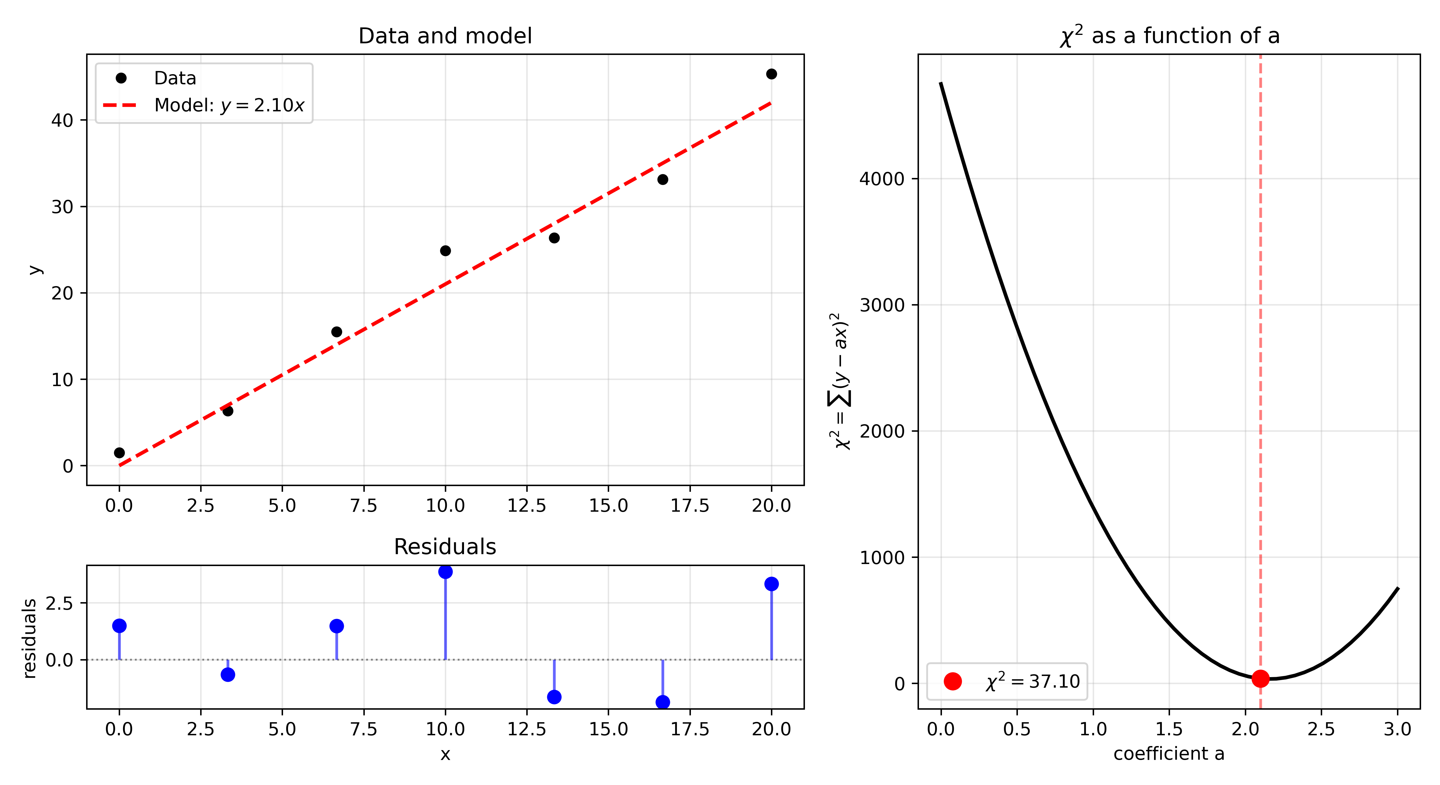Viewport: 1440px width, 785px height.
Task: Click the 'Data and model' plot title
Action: (445, 36)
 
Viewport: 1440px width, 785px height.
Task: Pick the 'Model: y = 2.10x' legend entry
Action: (229, 105)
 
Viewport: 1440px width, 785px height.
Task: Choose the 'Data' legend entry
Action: (175, 78)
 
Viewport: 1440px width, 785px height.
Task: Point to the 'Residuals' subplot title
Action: (445, 546)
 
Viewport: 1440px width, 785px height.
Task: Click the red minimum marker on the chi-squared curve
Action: (1260, 678)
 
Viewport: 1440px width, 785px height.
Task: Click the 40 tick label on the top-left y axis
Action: (62, 120)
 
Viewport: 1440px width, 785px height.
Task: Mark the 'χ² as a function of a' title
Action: (1169, 36)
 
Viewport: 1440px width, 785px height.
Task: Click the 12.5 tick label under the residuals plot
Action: (527, 729)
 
